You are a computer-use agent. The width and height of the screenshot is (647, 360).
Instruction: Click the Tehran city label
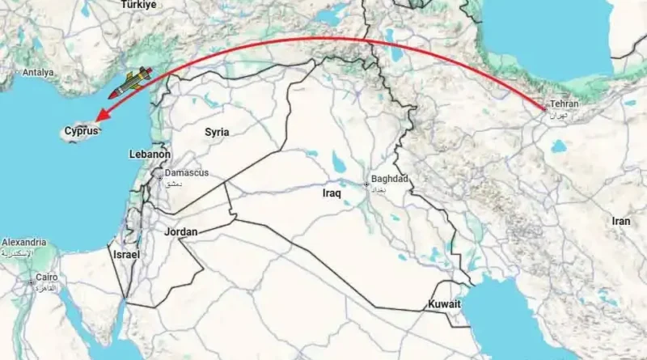click(565, 104)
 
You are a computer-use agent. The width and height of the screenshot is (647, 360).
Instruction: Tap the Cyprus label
click(81, 130)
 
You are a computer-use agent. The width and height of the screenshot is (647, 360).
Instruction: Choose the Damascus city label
click(186, 173)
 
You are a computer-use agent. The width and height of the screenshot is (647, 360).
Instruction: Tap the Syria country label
click(216, 132)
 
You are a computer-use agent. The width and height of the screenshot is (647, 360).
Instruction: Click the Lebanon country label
click(150, 154)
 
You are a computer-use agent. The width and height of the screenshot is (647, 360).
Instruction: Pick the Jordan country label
click(180, 232)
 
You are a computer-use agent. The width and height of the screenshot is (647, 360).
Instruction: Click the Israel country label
click(126, 254)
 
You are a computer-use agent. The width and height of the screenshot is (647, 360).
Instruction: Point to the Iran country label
click(620, 221)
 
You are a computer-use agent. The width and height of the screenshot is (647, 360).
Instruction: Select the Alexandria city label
click(23, 243)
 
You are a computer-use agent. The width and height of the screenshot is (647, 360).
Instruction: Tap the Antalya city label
click(39, 72)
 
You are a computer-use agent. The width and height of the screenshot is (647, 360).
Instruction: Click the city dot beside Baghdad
click(366, 184)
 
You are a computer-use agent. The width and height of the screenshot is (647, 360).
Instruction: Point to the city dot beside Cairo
click(31, 282)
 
